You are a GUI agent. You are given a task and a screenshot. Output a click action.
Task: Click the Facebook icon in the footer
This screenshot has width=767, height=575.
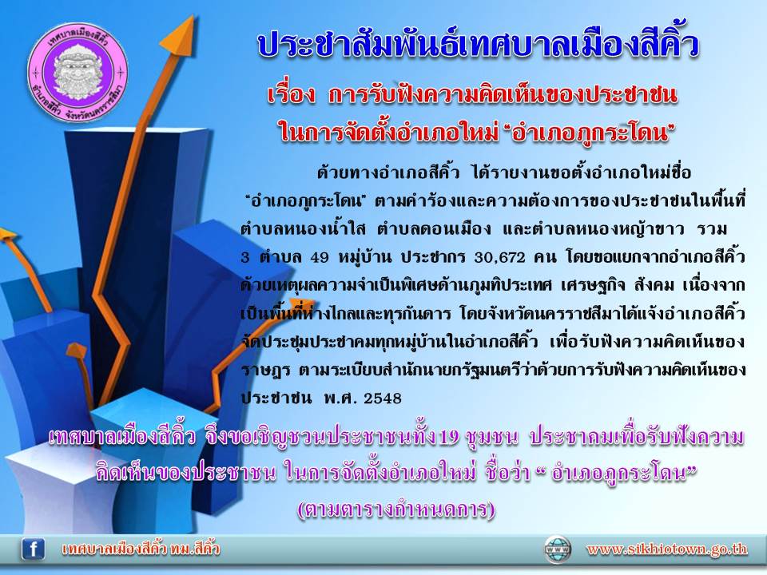tap(34, 549)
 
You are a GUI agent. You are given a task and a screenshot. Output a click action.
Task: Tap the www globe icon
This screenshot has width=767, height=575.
tap(558, 549)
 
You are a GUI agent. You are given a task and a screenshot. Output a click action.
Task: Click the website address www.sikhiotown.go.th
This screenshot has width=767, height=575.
tap(667, 549)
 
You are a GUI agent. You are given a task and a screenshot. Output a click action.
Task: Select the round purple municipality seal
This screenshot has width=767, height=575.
tap(77, 73)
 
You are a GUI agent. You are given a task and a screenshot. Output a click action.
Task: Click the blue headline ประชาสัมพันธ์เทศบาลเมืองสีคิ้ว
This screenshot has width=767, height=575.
tap(478, 45)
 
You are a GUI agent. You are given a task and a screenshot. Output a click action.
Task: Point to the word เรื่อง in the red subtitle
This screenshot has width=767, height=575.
tap(292, 95)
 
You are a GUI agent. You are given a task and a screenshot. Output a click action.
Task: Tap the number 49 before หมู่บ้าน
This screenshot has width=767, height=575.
tap(320, 257)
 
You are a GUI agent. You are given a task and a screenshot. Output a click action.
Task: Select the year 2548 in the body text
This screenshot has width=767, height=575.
tap(383, 398)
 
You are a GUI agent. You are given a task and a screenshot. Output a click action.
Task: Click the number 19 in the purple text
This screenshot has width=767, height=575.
tap(450, 437)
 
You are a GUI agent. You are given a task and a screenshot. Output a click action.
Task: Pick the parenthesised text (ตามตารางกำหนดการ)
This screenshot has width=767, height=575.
tap(396, 510)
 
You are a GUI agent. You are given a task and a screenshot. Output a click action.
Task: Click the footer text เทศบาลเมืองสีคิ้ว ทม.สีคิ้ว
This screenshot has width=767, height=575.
tap(141, 549)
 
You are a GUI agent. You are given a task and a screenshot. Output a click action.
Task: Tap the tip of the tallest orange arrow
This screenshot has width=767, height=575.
tap(193, 16)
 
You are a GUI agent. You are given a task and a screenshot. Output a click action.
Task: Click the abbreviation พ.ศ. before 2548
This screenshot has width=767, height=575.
tap(340, 398)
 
